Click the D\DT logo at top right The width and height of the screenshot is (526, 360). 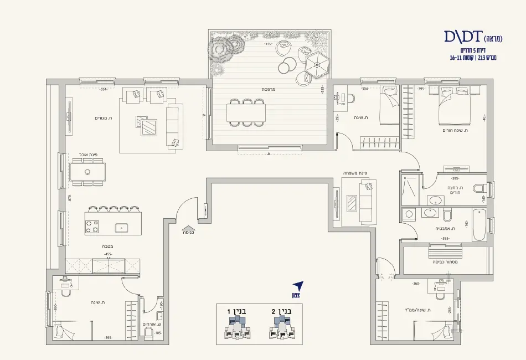pos(463,37)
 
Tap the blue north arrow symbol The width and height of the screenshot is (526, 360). pos(298,286)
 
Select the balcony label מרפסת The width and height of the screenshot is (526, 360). pos(269,89)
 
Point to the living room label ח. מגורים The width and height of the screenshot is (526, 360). pos(104,118)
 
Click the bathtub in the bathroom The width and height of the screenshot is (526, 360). pos(479,225)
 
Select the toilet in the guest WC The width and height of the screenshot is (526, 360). pos(148,332)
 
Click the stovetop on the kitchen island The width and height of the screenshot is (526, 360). pos(91,227)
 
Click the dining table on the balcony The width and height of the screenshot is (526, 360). pos(246,113)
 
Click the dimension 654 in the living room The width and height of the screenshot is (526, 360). pos(103,89)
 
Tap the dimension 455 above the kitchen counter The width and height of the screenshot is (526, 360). pos(109,254)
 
